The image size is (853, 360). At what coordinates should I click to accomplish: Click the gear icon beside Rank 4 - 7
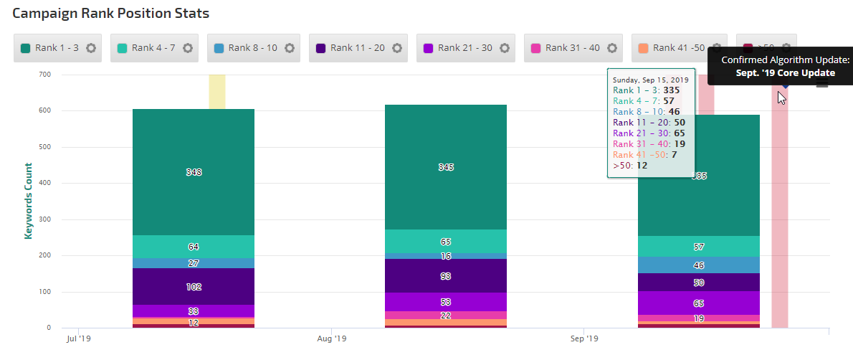click(188, 48)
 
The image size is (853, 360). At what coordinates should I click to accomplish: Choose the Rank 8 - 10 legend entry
click(247, 48)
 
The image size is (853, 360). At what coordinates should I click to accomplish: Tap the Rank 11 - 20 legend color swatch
click(320, 48)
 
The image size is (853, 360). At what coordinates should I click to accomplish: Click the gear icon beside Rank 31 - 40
click(612, 48)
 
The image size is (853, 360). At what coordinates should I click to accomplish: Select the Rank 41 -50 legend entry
click(671, 48)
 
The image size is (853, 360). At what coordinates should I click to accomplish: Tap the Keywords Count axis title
click(29, 201)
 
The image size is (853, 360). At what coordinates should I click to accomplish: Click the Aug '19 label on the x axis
click(331, 338)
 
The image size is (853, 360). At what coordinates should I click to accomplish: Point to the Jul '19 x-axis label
click(78, 338)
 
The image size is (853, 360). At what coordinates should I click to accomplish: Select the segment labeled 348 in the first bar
click(194, 172)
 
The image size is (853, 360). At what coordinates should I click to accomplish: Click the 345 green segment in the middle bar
click(446, 167)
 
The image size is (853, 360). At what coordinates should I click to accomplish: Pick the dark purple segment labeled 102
click(194, 286)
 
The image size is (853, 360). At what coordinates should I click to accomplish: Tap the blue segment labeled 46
click(699, 265)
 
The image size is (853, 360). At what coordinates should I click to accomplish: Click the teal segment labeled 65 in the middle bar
click(446, 242)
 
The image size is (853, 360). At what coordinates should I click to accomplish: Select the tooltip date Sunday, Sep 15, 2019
click(649, 79)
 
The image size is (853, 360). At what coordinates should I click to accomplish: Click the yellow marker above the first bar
click(217, 91)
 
